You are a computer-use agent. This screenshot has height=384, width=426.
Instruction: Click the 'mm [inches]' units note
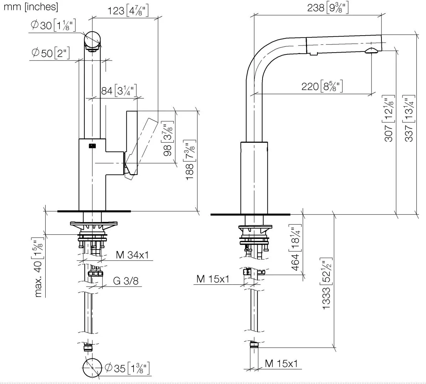30,6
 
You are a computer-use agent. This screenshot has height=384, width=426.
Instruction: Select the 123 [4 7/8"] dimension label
128,11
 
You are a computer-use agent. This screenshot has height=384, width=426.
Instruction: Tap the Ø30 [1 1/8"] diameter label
53,26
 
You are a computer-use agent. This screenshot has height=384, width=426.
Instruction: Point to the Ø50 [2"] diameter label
50,53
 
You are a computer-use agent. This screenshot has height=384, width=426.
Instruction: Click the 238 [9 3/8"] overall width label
327,7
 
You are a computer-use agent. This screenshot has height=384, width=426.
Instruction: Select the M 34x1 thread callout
132,255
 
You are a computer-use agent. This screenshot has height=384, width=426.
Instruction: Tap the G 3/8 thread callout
126,281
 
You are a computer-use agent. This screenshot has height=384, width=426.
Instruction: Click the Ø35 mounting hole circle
92,368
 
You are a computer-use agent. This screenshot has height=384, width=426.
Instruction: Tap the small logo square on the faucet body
92,145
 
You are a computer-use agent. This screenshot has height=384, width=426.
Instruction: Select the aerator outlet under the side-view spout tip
371,51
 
